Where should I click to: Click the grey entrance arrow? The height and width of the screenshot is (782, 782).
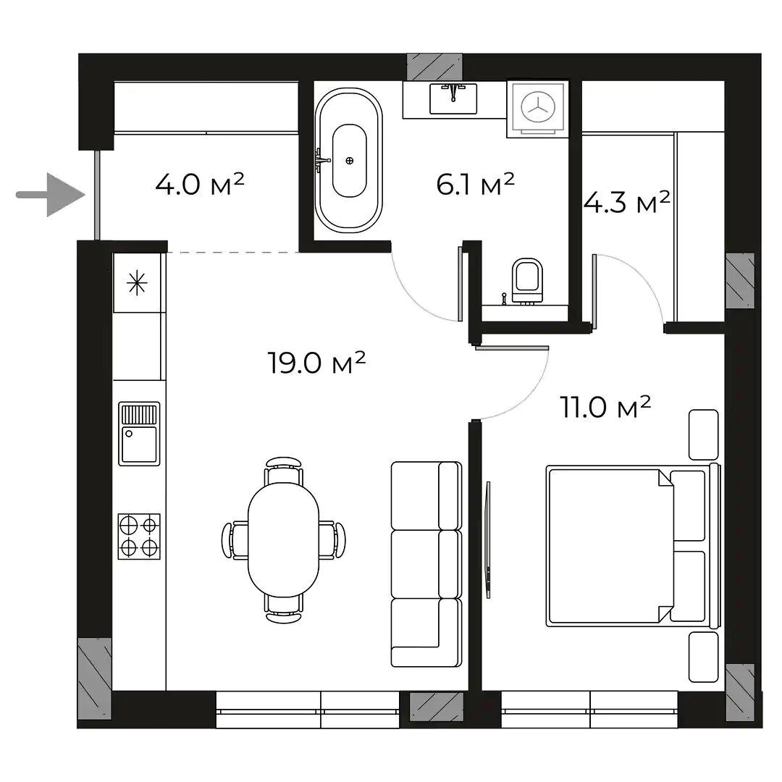pos(50,195)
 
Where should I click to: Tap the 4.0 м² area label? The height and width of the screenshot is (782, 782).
pos(200,184)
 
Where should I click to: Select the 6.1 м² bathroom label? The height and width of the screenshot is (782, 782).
pos(475,184)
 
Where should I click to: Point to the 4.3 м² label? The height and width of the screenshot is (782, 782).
pos(626,203)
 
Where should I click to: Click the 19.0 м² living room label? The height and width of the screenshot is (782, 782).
pos(316,362)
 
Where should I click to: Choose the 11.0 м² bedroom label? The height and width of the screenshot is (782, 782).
pos(605,407)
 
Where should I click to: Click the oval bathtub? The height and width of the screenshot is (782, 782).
pos(349,161)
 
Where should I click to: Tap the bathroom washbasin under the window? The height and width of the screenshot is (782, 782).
pos(453,98)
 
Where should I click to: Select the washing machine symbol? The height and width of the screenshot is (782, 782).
pos(537,108)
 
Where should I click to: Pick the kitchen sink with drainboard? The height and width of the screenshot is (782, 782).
pos(139,434)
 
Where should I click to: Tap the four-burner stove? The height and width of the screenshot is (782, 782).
pos(139,537)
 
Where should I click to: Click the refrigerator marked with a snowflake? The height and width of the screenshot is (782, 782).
pos(137,283)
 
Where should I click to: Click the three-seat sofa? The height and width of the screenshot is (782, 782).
pos(426,564)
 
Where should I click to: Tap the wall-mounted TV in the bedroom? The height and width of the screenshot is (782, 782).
pos(488,539)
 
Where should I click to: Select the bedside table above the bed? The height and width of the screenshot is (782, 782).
pos(704,434)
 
